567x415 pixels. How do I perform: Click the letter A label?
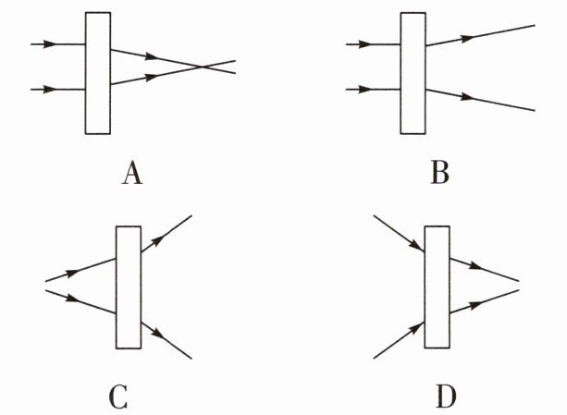[132, 173]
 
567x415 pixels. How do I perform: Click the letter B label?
[439, 172]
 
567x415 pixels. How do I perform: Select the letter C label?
[118, 397]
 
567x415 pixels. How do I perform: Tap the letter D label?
[446, 397]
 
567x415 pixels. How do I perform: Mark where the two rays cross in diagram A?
[202, 67]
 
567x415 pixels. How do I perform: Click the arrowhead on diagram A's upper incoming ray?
[50, 44]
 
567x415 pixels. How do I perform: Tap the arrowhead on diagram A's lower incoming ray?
[50, 89]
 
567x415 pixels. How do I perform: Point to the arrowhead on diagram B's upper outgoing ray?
[466, 38]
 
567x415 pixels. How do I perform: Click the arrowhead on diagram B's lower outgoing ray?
[466, 97]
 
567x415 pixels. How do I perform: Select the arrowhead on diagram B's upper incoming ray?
[364, 44]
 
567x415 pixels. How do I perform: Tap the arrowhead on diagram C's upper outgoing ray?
[158, 240]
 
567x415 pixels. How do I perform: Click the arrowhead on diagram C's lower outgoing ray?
[158, 334]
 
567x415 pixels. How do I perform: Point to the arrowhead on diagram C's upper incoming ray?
[72, 273]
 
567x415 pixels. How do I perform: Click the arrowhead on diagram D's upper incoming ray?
[416, 245]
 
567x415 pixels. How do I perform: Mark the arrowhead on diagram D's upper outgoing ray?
[475, 266]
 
